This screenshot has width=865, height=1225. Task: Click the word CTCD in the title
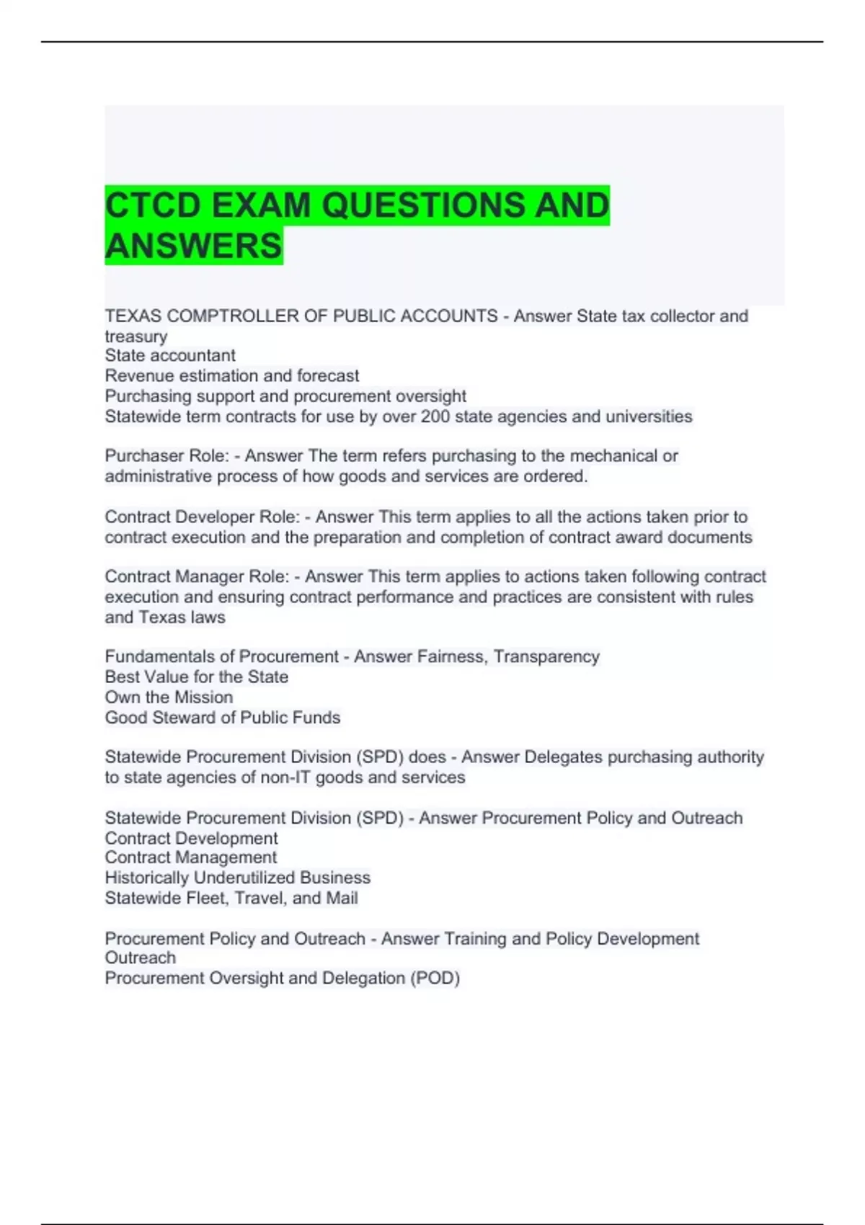coord(153,205)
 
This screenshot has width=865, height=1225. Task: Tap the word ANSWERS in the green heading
coord(193,246)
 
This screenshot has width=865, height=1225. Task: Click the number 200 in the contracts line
coord(435,416)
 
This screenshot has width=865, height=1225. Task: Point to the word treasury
coord(136,337)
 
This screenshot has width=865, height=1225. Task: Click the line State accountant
coord(170,356)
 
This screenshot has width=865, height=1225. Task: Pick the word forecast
coord(331,376)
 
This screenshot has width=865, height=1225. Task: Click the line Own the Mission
coord(169,698)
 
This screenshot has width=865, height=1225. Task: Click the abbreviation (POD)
coord(435,979)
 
